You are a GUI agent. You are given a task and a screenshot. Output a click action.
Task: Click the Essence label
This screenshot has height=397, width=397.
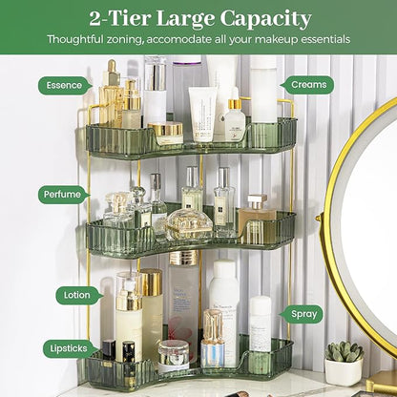coord(65,85)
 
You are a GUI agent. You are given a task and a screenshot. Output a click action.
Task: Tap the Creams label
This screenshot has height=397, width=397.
coord(307,85)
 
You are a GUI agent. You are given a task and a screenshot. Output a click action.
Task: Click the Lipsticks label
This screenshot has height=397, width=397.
coord(68,350)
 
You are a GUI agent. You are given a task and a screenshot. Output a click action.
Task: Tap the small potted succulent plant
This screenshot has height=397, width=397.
coord(344,353)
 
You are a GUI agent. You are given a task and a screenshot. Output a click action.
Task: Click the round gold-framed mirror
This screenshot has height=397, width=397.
coord(367,234)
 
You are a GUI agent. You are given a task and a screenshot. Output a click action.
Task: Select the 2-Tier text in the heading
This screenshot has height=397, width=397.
coord(122,18)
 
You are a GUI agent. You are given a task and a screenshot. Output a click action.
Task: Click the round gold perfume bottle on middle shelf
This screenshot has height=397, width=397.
coord(187,225)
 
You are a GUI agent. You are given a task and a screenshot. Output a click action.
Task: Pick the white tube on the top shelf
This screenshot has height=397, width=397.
coord(202,113)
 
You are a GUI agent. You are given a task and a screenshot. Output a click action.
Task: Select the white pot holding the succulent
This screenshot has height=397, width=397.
coord(344,371)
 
